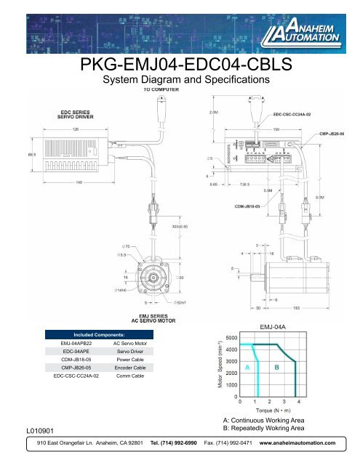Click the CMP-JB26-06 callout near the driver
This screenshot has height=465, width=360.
click(334, 134)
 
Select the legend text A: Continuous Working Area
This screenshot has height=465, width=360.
click(276, 421)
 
